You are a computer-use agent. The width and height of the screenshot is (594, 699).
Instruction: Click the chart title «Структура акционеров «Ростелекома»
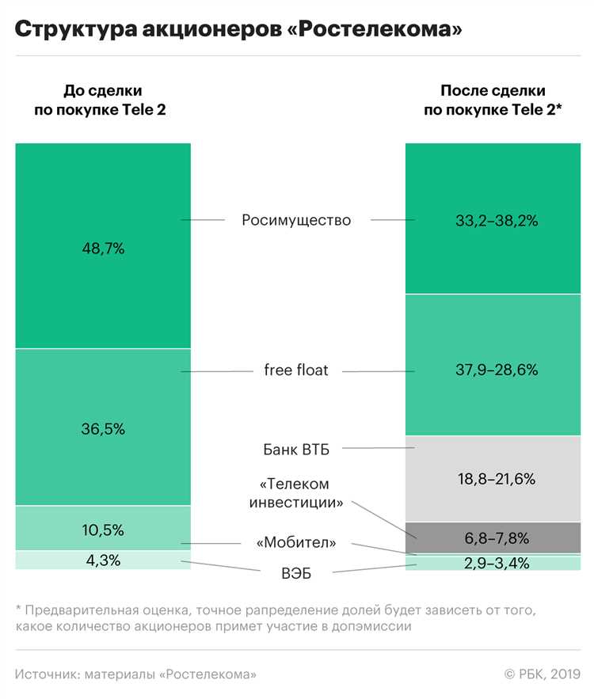coord(238,29)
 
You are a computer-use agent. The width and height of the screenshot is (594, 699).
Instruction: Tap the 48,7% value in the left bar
coord(103,248)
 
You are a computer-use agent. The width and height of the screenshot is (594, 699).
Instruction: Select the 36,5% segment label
coord(103,428)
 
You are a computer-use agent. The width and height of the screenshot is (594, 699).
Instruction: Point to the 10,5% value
coord(103,529)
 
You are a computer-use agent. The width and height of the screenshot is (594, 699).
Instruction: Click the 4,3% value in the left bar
coord(103,560)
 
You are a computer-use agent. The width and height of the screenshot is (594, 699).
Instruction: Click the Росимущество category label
coord(296,220)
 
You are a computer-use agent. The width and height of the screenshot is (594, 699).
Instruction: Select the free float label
coord(296,370)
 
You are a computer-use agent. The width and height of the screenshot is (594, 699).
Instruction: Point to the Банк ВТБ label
coord(296,450)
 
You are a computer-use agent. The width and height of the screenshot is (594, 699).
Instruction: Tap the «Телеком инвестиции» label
coord(296,492)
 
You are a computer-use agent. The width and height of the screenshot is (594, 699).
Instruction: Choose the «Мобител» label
coord(296,543)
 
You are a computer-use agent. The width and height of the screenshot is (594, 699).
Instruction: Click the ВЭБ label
coord(296,573)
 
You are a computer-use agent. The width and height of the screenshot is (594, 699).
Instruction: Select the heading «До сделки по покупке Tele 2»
coord(100,101)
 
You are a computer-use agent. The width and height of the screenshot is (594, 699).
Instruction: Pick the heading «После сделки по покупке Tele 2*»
coord(493,101)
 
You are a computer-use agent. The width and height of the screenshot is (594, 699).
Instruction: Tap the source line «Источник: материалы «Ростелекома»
coord(135,674)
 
